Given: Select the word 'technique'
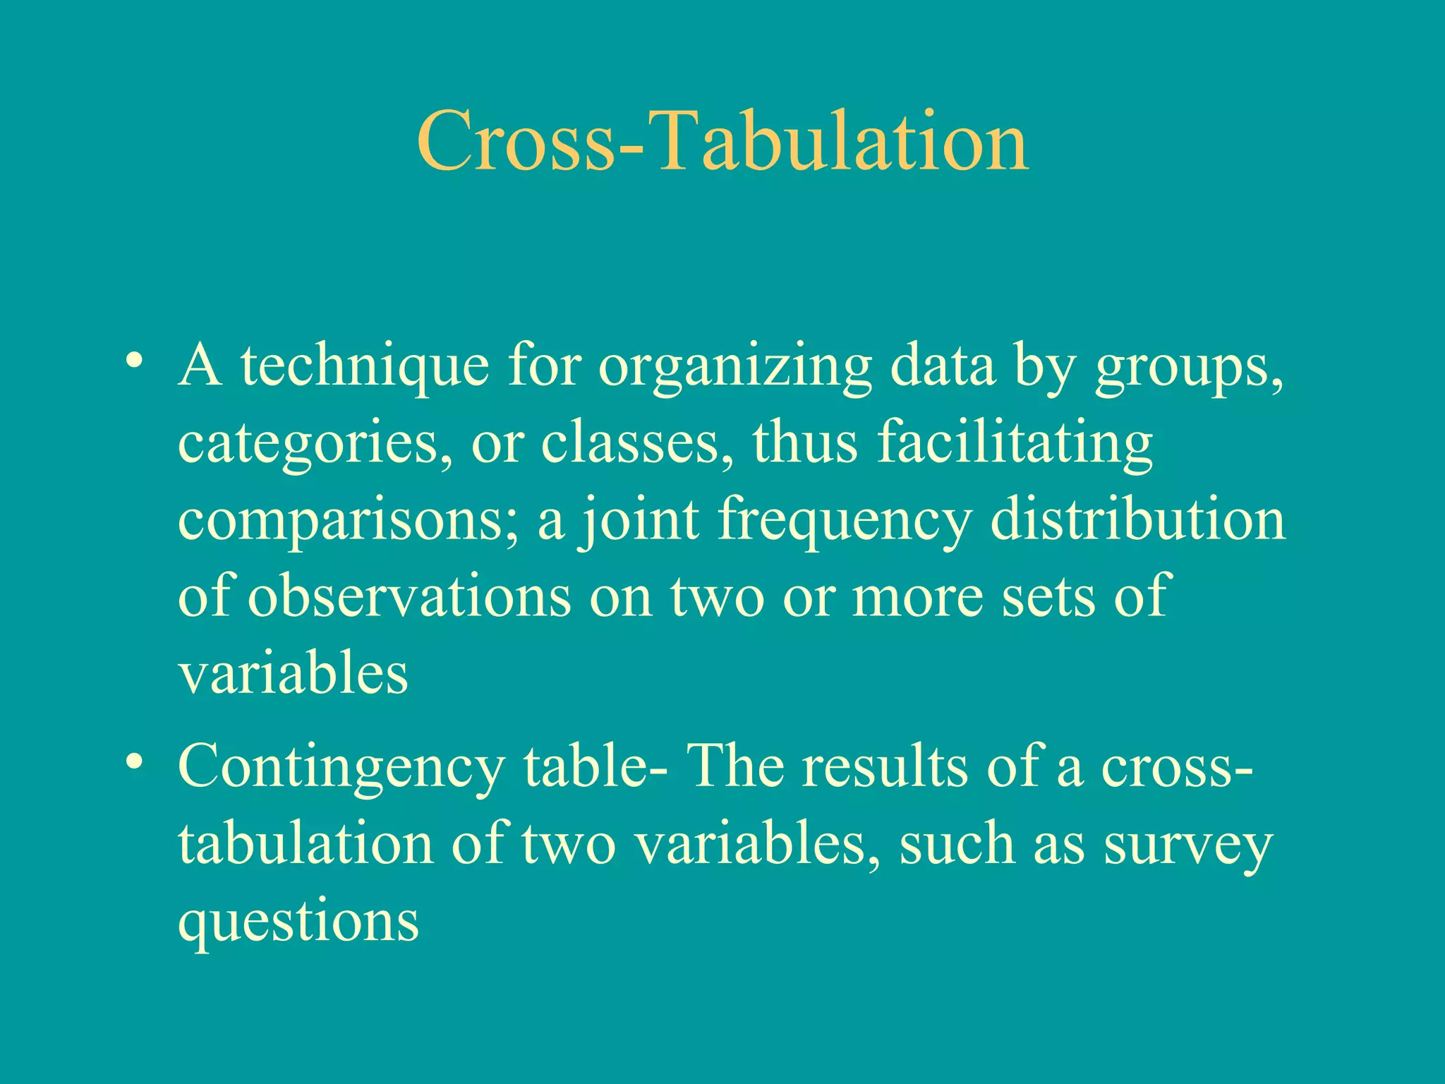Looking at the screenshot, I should coord(365,367).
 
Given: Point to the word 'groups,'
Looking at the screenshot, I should coord(1189,367).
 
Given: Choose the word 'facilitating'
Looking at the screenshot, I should coord(1015,443).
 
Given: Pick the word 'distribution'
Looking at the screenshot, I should coord(1137,519).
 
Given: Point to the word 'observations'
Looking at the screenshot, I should coord(409,597).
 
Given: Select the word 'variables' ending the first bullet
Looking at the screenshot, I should coord(293,673).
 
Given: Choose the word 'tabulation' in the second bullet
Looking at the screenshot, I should coord(305,844).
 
